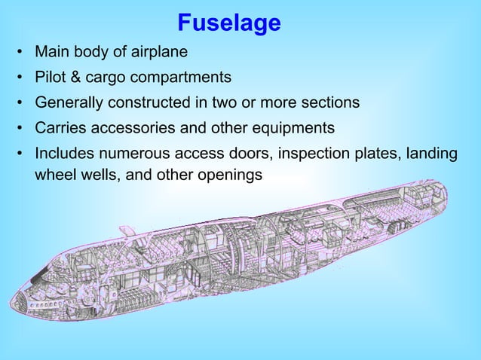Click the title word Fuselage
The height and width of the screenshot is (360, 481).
[x=229, y=23]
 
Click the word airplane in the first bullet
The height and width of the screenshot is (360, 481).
[x=158, y=53]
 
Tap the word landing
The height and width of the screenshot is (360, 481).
[x=431, y=153]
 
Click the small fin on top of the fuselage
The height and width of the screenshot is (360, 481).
[x=127, y=230]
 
